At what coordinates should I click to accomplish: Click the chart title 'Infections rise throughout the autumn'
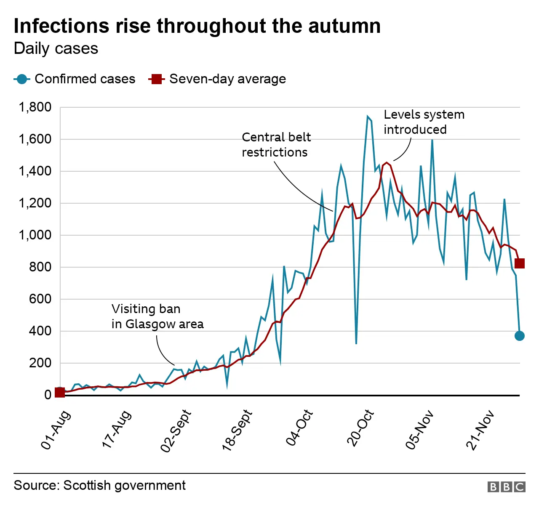point(197,26)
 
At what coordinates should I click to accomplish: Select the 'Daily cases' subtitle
point(56,49)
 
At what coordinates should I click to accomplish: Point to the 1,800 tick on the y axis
point(35,107)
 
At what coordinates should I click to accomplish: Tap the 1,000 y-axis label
point(35,235)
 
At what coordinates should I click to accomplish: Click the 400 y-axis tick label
point(40,331)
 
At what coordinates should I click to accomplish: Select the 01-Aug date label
point(56,430)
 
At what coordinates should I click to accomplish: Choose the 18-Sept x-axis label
point(237,430)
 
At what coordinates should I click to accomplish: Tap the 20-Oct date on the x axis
point(360,428)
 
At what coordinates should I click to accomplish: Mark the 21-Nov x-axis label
point(480,430)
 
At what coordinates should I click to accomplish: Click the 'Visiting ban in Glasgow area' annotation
point(157,316)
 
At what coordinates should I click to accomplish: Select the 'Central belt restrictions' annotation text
point(276,145)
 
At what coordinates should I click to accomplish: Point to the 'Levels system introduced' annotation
point(424,122)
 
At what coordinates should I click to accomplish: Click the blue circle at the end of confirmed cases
point(520,336)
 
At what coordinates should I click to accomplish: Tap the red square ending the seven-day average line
point(520,263)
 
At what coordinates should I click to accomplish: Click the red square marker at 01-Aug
point(60,392)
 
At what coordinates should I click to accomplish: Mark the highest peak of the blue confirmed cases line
point(368,116)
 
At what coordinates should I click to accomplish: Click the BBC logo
point(506,487)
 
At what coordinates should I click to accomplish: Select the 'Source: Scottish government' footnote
point(99,486)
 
